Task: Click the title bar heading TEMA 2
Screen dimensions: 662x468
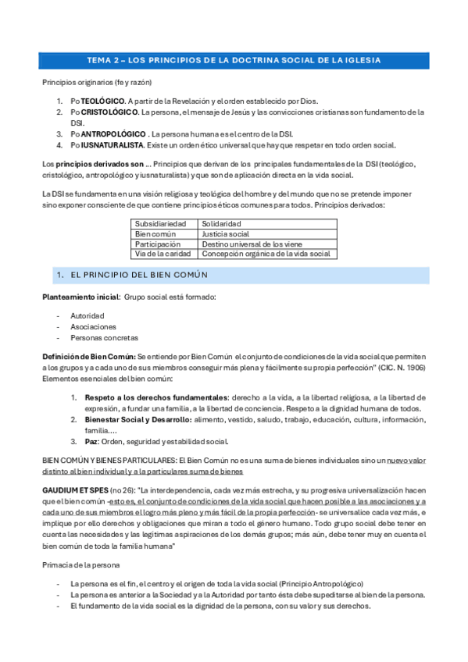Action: pyautogui.click(x=234, y=61)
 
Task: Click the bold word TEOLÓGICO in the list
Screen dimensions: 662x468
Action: pyautogui.click(x=102, y=101)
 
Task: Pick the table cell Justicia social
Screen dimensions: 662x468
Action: pyautogui.click(x=225, y=233)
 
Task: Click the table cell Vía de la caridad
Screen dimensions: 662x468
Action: pyautogui.click(x=162, y=254)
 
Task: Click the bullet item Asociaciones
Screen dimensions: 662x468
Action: pyautogui.click(x=93, y=326)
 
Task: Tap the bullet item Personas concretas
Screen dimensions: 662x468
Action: pyautogui.click(x=104, y=337)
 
